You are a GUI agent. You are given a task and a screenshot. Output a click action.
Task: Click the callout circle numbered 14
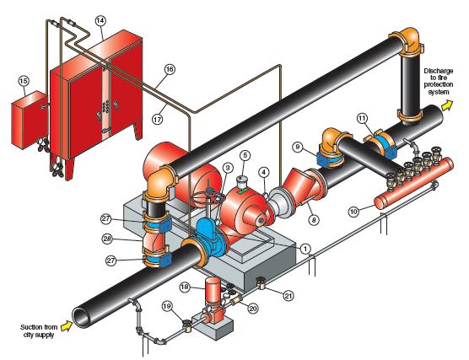tap(100, 20)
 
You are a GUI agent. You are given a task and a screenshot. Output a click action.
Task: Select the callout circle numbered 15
tap(24, 81)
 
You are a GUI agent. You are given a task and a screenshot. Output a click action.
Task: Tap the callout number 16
tap(170, 69)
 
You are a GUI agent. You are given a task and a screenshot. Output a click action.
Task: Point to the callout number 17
tap(158, 120)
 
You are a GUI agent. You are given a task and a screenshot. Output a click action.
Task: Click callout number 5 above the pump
tap(245, 155)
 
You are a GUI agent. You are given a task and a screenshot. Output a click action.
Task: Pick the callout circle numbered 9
tap(297, 147)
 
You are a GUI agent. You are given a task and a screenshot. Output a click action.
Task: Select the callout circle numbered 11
tap(362, 118)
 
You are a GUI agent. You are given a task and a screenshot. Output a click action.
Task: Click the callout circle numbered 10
tap(353, 212)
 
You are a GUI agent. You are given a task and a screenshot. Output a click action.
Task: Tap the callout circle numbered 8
tap(314, 220)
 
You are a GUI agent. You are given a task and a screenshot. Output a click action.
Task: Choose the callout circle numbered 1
tap(305, 249)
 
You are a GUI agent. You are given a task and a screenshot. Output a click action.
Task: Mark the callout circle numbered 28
tap(107, 239)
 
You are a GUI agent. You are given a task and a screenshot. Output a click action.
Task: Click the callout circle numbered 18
tap(185, 287)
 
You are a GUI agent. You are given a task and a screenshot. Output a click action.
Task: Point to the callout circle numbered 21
tap(288, 296)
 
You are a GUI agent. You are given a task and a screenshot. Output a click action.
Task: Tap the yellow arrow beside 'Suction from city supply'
tap(67, 326)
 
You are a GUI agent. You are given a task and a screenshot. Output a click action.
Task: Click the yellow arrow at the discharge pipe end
tap(447, 105)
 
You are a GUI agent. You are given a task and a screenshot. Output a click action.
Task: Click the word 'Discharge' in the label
tap(439, 71)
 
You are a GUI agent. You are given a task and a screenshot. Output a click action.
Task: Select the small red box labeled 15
tap(30, 120)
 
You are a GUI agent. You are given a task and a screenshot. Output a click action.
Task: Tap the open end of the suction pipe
tap(81, 319)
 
